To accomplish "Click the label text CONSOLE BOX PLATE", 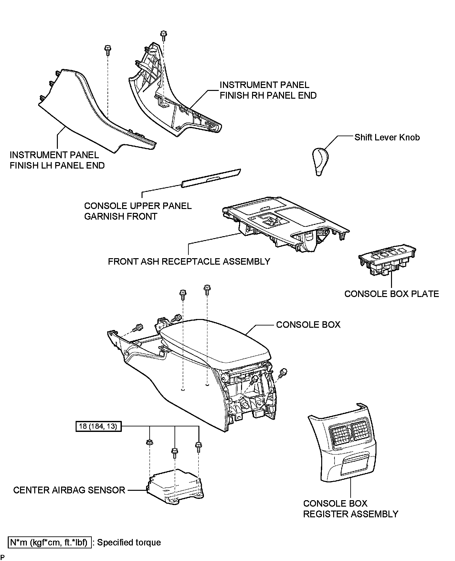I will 391,294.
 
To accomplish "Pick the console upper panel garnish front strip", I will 211,178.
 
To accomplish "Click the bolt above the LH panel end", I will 107,51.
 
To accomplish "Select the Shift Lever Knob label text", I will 387,137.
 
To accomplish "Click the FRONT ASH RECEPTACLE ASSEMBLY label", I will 189,261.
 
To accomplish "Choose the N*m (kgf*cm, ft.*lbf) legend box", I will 50,542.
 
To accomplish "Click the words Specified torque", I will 129,543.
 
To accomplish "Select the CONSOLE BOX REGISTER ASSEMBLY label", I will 350,509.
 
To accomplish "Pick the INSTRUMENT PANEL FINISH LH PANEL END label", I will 57,160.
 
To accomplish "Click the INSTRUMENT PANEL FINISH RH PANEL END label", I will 268,90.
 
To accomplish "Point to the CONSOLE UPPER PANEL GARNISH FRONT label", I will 138,211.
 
